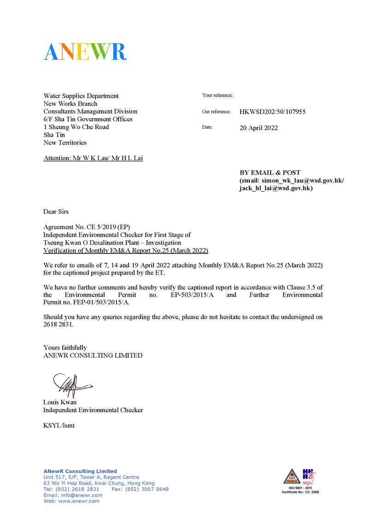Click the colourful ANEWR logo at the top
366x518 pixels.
pos(85,51)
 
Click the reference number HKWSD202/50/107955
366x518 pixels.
pos(272,112)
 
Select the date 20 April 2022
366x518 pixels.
pos(259,128)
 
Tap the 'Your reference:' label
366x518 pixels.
pos(218,96)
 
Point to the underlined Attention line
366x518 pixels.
pos(93,158)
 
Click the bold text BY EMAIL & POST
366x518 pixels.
pos(270,173)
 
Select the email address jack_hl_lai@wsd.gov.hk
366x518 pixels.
pos(276,188)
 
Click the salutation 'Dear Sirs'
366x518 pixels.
pos(56,212)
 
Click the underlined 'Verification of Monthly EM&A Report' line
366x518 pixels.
pos(125,251)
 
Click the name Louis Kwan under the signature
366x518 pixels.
pos(60,402)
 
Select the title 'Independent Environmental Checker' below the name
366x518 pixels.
pos(93,410)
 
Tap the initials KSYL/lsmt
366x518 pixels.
pos(59,425)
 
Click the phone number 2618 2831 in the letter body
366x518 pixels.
pos(58,325)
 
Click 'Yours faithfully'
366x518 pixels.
pos(65,348)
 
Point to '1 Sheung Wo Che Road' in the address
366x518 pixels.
pos(76,127)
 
